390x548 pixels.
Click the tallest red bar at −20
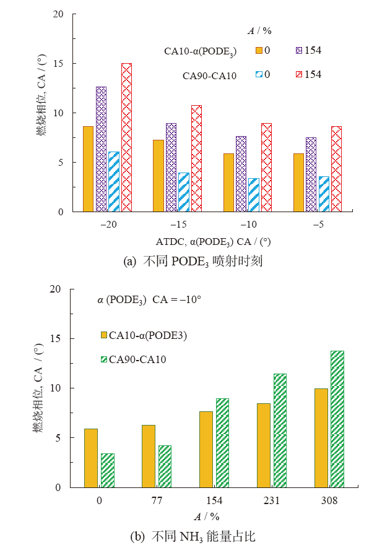(126, 137)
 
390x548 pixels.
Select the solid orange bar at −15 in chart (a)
(158, 176)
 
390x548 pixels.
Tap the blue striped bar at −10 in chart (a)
(253, 195)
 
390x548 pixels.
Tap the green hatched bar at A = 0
(108, 470)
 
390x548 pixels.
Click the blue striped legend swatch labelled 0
(258, 74)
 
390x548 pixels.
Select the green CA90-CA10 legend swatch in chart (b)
(104, 359)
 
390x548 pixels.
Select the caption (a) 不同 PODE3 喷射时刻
(194, 261)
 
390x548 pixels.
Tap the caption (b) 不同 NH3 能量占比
(194, 536)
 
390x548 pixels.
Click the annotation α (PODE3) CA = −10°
(150, 299)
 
